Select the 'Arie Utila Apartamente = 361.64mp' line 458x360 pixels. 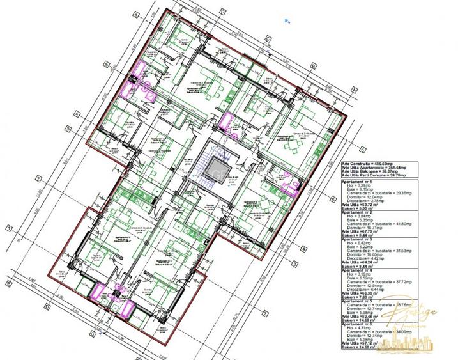(374, 168)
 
